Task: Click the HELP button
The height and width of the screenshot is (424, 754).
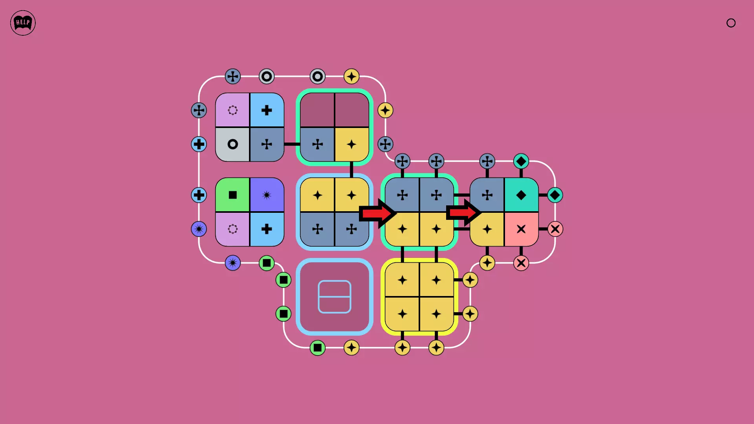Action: pyautogui.click(x=23, y=23)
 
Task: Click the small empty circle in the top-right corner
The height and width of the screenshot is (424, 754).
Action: pyautogui.click(x=731, y=23)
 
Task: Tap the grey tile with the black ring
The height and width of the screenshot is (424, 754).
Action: pyautogui.click(x=232, y=144)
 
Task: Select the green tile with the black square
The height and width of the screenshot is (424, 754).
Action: pyautogui.click(x=232, y=195)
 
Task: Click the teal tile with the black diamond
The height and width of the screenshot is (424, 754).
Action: pyautogui.click(x=521, y=195)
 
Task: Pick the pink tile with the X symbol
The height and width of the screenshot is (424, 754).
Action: pyautogui.click(x=521, y=229)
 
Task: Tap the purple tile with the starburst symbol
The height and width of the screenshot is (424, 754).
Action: pyautogui.click(x=267, y=195)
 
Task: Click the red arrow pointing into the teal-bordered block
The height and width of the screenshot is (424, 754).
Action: pyautogui.click(x=377, y=213)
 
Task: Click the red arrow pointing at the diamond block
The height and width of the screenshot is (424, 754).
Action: pyautogui.click(x=463, y=212)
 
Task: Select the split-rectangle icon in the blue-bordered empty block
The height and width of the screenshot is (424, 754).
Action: pyautogui.click(x=334, y=297)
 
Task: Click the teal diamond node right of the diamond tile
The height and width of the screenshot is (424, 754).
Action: pyautogui.click(x=555, y=195)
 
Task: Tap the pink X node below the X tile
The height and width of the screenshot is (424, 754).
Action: pyautogui.click(x=521, y=263)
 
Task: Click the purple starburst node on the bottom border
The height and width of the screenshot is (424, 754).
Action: pyautogui.click(x=232, y=263)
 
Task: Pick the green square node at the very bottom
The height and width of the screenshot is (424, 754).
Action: pyautogui.click(x=317, y=348)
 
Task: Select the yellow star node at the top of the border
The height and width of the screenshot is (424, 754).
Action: pyautogui.click(x=351, y=76)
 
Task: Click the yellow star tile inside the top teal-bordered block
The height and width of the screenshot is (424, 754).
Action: pyautogui.click(x=351, y=144)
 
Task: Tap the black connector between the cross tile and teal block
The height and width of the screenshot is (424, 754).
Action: pyautogui.click(x=292, y=144)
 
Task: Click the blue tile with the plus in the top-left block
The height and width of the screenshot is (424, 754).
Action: pyautogui.click(x=267, y=110)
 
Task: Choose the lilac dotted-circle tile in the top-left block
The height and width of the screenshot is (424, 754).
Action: pyautogui.click(x=232, y=110)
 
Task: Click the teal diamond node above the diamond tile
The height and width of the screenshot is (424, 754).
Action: pyautogui.click(x=521, y=161)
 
